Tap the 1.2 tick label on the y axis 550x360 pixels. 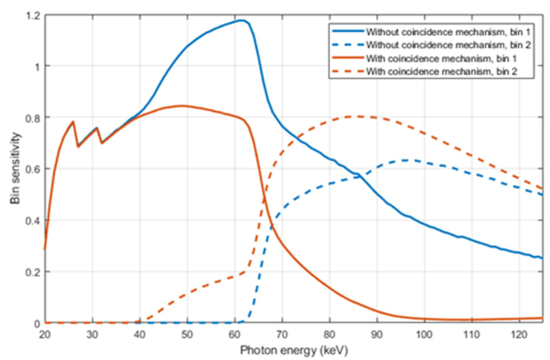29,16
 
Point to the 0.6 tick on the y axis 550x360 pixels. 29,169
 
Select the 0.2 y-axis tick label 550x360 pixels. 29,272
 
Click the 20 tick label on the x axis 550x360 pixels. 44,334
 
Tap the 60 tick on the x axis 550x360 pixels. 234,334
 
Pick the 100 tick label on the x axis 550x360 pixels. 423,334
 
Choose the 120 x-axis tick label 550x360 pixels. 518,334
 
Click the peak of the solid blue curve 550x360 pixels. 242,21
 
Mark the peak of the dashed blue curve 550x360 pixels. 406,160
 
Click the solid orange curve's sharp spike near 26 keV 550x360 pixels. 73,122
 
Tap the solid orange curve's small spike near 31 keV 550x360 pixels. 97,128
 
